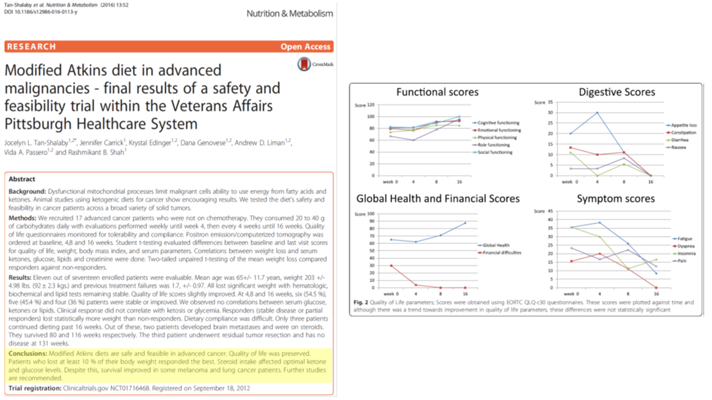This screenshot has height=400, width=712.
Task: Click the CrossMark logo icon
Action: tap(304, 64)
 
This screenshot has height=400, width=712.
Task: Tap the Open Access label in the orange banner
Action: tap(305, 47)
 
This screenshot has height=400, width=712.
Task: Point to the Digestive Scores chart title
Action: tap(617, 92)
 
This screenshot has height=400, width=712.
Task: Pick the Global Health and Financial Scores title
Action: tap(437, 199)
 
